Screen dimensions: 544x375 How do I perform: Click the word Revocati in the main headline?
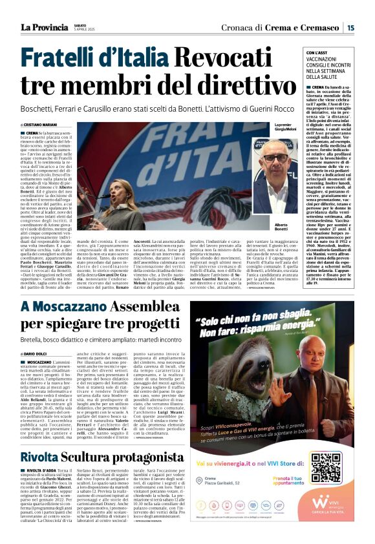(x=244, y=60)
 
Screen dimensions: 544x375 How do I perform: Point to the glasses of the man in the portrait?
(x=275, y=158)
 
